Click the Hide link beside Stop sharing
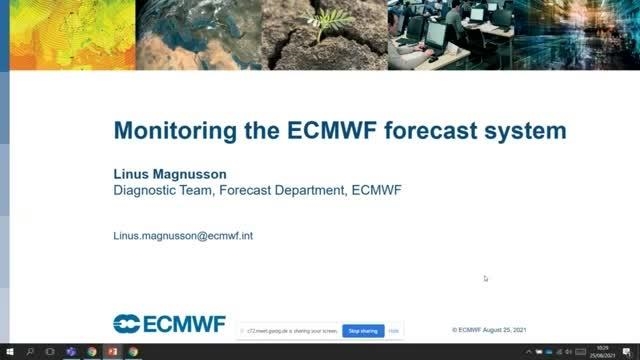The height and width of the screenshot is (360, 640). click(394, 330)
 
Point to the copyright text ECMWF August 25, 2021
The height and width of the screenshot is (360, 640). click(489, 329)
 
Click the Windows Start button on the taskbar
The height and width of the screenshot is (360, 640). click(8, 352)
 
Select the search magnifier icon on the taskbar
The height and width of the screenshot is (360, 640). click(29, 352)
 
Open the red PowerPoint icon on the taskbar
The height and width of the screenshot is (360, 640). click(112, 352)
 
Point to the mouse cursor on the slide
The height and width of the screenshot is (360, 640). click(486, 278)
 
